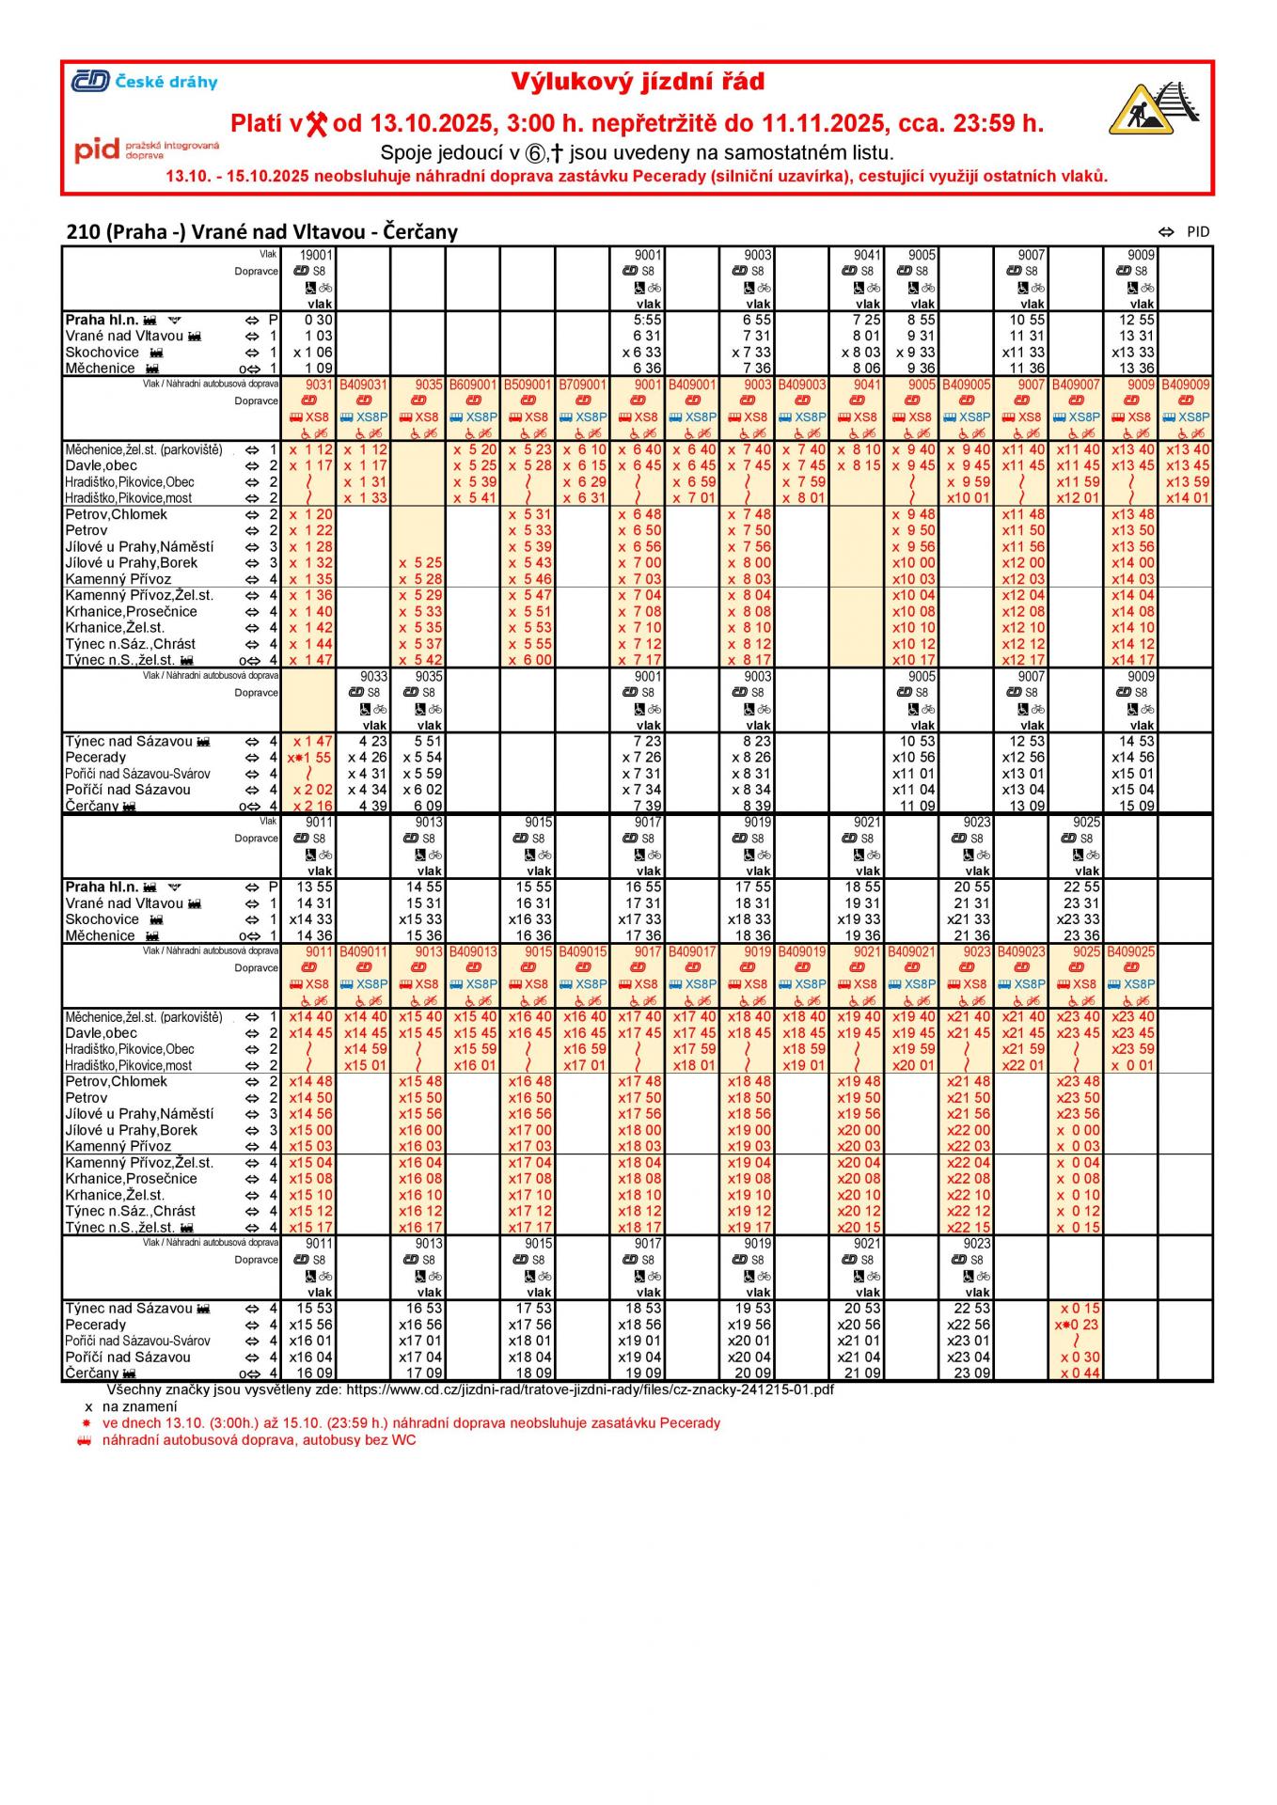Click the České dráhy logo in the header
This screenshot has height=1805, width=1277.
point(144,82)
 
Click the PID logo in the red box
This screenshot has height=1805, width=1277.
point(146,150)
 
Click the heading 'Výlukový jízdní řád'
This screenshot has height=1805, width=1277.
point(638,83)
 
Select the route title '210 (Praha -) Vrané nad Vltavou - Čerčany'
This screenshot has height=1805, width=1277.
point(261,232)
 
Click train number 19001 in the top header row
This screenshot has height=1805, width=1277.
point(316,255)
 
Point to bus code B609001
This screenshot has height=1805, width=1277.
point(472,385)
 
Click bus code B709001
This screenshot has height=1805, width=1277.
point(582,385)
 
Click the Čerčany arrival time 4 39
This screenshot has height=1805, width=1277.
point(372,806)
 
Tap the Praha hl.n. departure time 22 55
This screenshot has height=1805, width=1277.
point(1081,887)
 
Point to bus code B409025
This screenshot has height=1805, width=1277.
point(1130,951)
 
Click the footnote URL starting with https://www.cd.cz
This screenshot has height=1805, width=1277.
point(590,1389)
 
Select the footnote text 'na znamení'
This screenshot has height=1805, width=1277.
point(139,1406)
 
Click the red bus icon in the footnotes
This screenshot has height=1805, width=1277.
point(86,1439)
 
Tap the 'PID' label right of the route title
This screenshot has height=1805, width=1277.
point(1198,232)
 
